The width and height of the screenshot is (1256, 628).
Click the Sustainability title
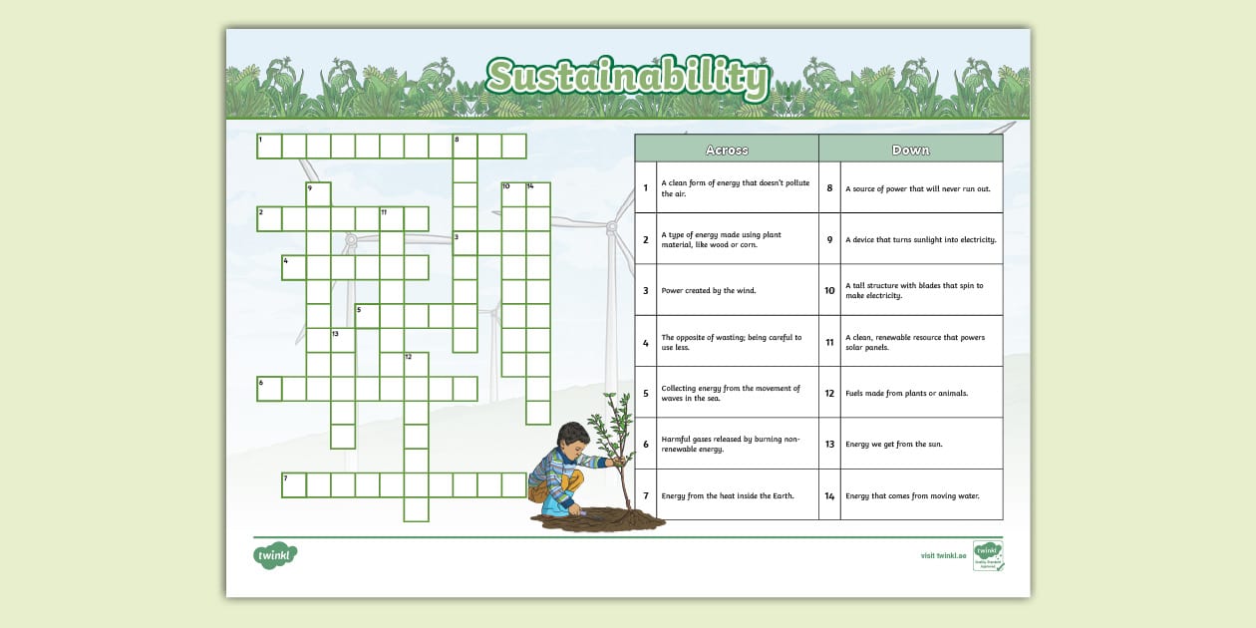coord(628,78)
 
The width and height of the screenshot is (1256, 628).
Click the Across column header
coord(726,150)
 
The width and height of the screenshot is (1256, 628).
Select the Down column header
coord(910,150)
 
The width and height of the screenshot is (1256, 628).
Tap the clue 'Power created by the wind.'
coord(709,291)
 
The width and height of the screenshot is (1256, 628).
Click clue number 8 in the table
coord(829,188)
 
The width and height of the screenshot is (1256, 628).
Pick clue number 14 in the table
coord(829,495)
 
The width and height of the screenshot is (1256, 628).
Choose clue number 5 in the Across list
coord(646,393)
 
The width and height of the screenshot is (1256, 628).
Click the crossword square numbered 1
coord(269,147)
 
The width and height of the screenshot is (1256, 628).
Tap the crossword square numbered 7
coord(294,485)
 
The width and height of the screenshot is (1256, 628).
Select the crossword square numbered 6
coord(269,389)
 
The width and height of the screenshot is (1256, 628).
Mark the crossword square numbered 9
coord(318,194)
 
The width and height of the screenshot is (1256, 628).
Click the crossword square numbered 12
coord(416,365)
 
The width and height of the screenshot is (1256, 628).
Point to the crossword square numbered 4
coord(294,267)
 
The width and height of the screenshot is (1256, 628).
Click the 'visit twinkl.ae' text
coord(943,556)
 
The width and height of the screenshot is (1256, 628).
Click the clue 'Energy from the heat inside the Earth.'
coord(728,495)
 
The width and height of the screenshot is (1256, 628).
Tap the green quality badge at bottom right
coord(988,555)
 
